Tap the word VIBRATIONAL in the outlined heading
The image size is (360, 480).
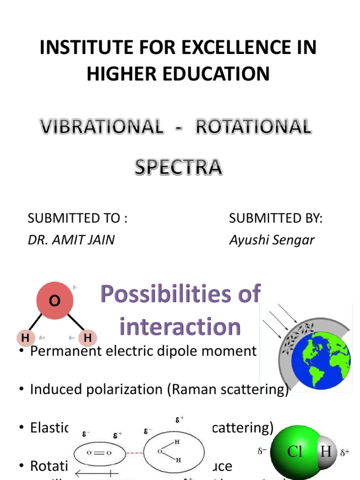click(x=101, y=127)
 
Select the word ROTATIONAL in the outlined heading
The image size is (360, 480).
click(x=253, y=127)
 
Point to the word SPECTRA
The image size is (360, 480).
click(x=178, y=167)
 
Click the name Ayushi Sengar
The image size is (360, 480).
click(x=272, y=240)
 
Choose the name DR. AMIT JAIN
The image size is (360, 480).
click(x=71, y=240)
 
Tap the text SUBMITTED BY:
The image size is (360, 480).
click(x=276, y=218)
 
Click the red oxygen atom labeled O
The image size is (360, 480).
click(x=55, y=301)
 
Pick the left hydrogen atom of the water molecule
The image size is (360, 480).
click(x=25, y=337)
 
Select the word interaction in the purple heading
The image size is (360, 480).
click(x=180, y=326)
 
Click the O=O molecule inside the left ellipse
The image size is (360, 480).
click(x=98, y=453)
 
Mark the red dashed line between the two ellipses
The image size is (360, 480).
click(x=134, y=453)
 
